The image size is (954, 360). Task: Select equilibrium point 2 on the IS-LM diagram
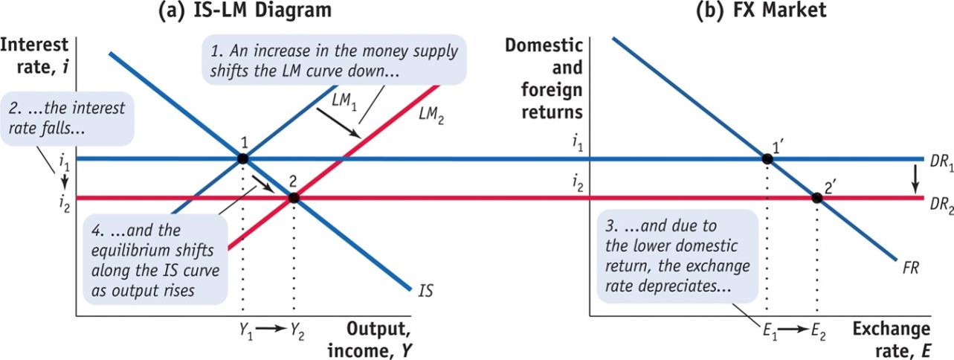pyautogui.click(x=293, y=198)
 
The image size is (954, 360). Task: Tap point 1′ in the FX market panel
pyautogui.click(x=766, y=158)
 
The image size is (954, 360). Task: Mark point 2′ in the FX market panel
pyautogui.click(x=816, y=198)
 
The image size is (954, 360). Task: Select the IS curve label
pyautogui.click(x=426, y=291)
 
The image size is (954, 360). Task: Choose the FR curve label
pyautogui.click(x=910, y=267)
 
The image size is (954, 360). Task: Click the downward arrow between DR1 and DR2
pyautogui.click(x=915, y=178)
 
